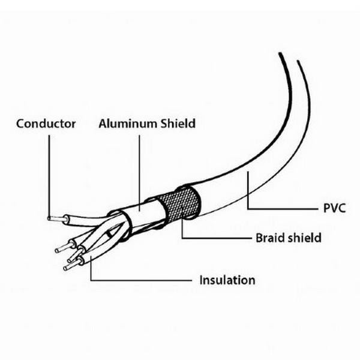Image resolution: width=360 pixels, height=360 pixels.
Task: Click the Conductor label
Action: pyautogui.click(x=46, y=124)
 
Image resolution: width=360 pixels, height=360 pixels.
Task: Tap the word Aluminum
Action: pyautogui.click(x=127, y=124)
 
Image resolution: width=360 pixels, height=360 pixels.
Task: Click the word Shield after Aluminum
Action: pyautogui.click(x=178, y=123)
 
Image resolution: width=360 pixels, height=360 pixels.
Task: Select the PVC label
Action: pyautogui.click(x=334, y=208)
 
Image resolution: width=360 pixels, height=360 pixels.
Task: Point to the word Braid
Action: pyautogui.click(x=270, y=238)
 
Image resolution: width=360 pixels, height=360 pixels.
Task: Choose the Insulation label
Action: pyautogui.click(x=227, y=280)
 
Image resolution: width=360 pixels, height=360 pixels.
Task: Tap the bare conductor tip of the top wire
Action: pyautogui.click(x=56, y=218)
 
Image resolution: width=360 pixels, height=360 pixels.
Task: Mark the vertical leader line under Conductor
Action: pyautogui.click(x=49, y=176)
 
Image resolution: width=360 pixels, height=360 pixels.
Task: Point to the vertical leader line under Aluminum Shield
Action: pyautogui.click(x=139, y=173)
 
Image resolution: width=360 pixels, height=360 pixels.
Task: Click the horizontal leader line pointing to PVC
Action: pyautogui.click(x=282, y=209)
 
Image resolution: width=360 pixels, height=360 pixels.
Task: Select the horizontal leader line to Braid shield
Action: pyautogui.click(x=217, y=238)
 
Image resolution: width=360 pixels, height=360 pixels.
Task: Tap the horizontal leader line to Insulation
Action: pyautogui.click(x=141, y=280)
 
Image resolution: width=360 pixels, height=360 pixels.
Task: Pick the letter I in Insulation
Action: pyautogui.click(x=201, y=280)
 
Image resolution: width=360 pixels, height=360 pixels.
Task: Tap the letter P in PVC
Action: pyautogui.click(x=326, y=208)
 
